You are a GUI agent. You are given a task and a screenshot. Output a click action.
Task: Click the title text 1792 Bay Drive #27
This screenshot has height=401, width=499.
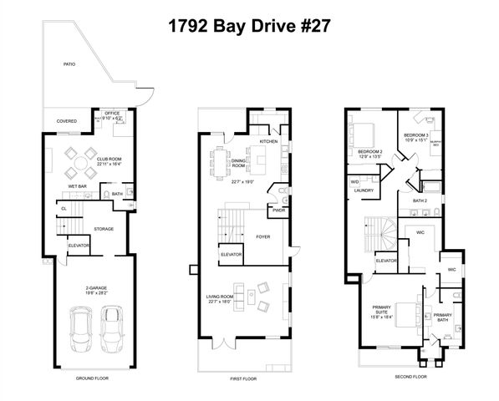(x=249, y=24)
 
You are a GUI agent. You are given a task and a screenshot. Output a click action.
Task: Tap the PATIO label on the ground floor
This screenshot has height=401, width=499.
(x=70, y=63)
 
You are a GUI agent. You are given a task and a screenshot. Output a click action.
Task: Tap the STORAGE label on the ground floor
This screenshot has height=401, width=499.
(x=104, y=229)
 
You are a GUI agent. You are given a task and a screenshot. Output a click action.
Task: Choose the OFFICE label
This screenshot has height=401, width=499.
(x=112, y=114)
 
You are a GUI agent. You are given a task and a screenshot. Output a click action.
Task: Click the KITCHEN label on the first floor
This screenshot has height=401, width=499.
(x=269, y=141)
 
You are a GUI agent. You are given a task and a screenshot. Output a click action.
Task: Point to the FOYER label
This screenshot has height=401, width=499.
(x=263, y=236)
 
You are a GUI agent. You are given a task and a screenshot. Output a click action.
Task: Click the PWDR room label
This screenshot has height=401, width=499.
(x=279, y=210)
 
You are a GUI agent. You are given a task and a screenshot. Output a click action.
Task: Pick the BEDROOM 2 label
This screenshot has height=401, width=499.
(x=369, y=150)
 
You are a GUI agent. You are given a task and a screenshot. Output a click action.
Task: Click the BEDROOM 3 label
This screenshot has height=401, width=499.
(x=415, y=135)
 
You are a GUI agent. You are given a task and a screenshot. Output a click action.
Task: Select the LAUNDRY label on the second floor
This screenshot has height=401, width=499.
(x=364, y=190)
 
